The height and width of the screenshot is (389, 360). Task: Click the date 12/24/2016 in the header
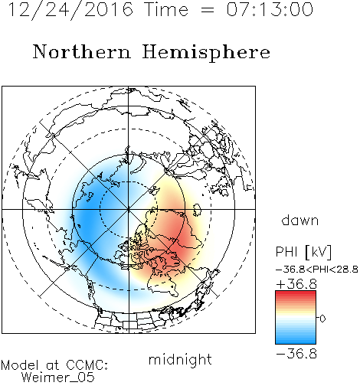click(70, 10)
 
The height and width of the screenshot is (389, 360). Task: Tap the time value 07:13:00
click(270, 9)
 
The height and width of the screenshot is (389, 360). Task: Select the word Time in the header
click(166, 9)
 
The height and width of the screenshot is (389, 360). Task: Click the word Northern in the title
click(82, 51)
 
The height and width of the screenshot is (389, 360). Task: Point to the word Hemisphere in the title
click(206, 53)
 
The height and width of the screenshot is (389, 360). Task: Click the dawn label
click(300, 220)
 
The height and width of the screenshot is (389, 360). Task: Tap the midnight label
click(180, 360)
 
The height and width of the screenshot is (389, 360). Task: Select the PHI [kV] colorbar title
click(303, 252)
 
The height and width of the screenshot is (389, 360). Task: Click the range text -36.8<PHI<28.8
click(317, 270)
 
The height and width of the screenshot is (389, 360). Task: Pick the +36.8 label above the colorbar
click(296, 284)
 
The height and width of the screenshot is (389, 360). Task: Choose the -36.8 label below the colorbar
click(296, 354)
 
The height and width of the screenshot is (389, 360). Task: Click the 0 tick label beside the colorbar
click(322, 319)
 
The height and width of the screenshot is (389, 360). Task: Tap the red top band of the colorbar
click(296, 294)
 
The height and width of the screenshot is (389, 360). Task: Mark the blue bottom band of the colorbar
click(296, 340)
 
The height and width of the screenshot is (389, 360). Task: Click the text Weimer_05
click(58, 378)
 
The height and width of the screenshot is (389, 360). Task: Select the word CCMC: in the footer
click(87, 365)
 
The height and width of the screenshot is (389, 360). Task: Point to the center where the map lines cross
click(129, 209)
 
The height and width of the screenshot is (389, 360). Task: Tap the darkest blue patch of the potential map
click(87, 220)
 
